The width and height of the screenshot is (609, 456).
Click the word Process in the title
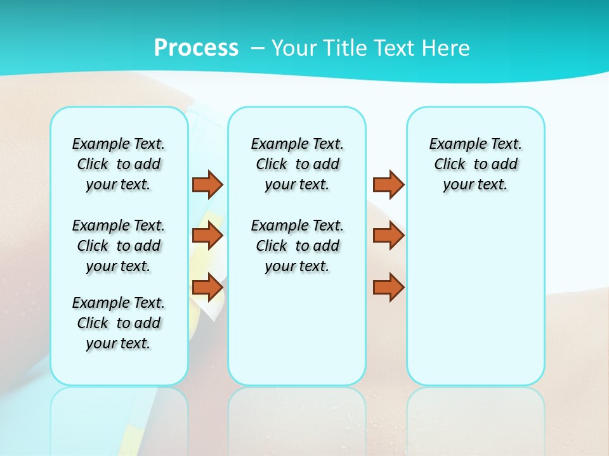point(196,47)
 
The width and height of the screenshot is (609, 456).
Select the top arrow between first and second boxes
point(207,184)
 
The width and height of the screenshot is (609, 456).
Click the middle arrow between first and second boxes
point(207,236)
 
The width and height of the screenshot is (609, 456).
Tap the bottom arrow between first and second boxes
point(207,287)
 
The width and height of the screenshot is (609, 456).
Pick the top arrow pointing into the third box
point(388,184)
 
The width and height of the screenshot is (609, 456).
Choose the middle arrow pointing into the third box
point(388,236)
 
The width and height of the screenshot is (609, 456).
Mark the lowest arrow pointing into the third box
point(388,287)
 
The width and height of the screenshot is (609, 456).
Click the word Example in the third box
point(455,144)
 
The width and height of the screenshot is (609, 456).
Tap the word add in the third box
point(504,164)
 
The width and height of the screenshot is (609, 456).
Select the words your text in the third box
point(475,185)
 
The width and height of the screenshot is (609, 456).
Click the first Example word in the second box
point(277,144)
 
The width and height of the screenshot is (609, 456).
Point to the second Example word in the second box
point(277,225)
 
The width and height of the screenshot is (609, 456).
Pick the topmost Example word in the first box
point(98,144)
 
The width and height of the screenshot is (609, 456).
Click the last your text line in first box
point(118,343)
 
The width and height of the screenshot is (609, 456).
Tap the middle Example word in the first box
point(98,225)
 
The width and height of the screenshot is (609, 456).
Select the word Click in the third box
point(450,164)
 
